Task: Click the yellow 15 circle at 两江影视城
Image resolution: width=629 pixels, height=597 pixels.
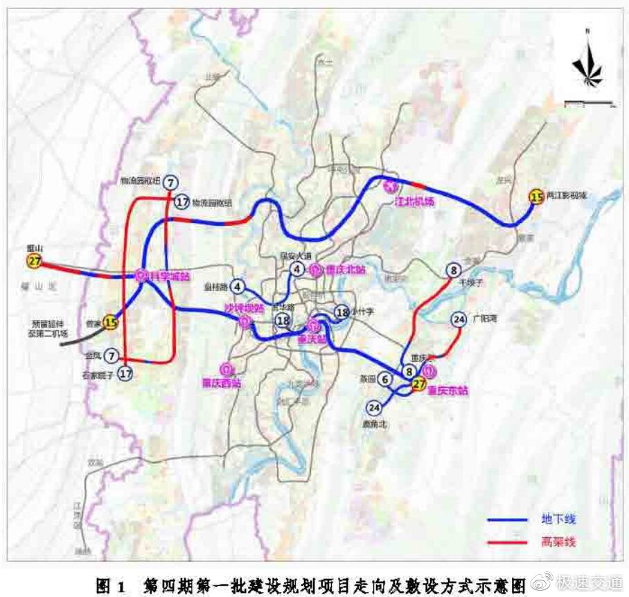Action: pyautogui.click(x=535, y=197)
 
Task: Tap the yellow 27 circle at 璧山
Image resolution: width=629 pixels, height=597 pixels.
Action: pyautogui.click(x=34, y=261)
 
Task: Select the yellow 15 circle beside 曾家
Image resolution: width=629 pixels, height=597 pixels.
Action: pyautogui.click(x=111, y=321)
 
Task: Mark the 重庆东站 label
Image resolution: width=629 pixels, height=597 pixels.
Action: pyautogui.click(x=447, y=390)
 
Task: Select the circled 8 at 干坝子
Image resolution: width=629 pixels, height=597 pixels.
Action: pyautogui.click(x=453, y=271)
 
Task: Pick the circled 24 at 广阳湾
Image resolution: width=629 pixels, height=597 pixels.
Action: pyautogui.click(x=458, y=319)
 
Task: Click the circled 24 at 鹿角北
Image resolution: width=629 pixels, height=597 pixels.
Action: pyautogui.click(x=375, y=407)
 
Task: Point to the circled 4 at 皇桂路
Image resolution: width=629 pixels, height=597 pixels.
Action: pyautogui.click(x=238, y=285)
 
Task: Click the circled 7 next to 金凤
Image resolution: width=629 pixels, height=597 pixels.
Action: pyautogui.click(x=112, y=356)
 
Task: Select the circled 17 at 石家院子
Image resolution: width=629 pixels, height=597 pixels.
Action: pyautogui.click(x=125, y=373)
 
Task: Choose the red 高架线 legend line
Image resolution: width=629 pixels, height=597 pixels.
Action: pyautogui.click(x=513, y=542)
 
